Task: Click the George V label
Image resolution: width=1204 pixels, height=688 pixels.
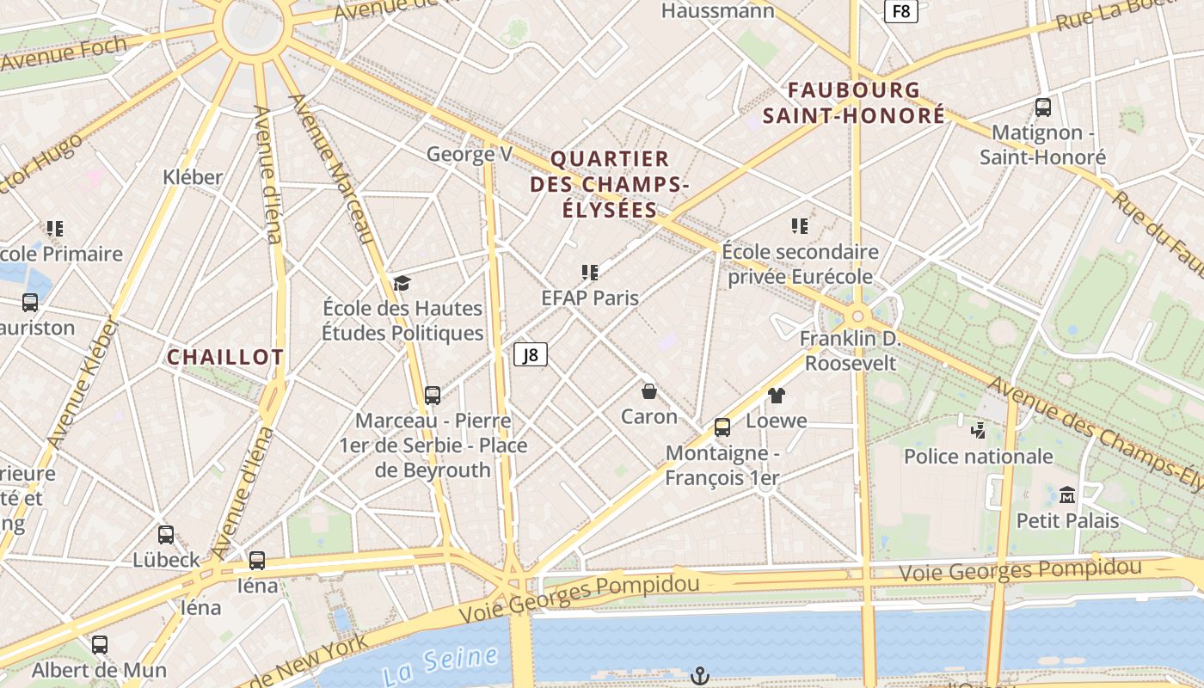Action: [470, 155]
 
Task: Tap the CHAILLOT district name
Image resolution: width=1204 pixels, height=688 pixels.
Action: [224, 358]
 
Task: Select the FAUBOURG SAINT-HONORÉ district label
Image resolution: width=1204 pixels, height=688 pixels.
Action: [854, 103]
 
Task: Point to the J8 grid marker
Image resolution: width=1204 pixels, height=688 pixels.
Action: [531, 354]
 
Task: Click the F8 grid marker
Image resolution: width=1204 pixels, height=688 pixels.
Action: [901, 11]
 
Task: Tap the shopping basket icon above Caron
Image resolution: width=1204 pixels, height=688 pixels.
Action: [649, 391]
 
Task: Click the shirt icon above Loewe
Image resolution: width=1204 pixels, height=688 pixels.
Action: [777, 396]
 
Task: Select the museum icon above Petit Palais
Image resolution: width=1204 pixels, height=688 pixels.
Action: [1067, 495]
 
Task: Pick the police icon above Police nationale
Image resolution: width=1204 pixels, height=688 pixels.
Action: [978, 430]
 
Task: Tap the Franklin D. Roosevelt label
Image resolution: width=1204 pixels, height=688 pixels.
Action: [851, 351]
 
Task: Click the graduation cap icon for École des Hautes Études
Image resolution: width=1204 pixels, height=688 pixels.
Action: [402, 283]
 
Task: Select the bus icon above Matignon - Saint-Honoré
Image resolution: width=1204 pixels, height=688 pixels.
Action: [1042, 107]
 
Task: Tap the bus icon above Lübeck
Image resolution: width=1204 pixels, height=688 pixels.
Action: [166, 535]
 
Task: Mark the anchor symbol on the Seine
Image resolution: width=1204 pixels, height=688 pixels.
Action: [700, 676]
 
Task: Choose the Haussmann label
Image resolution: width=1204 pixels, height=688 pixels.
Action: [717, 11]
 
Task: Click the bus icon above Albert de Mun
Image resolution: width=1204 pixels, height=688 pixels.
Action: [100, 645]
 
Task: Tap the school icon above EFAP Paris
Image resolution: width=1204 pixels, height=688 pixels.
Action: [589, 273]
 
